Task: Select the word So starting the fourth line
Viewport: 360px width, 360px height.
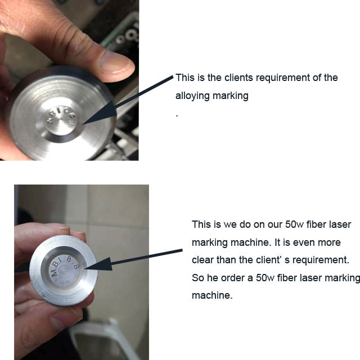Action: (x=198, y=278)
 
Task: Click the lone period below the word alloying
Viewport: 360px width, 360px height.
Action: (x=177, y=114)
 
